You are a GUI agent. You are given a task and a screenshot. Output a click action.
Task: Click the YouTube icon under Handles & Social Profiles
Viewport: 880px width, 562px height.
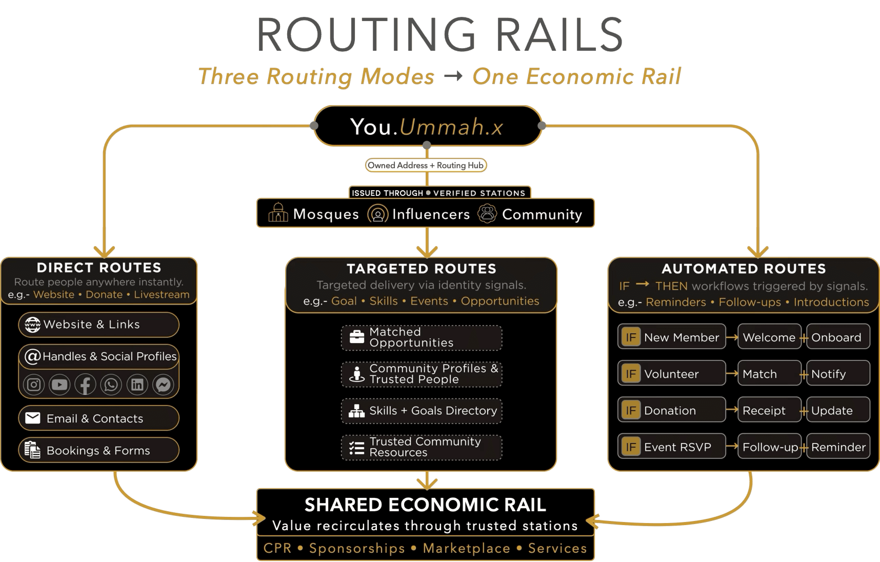click(59, 384)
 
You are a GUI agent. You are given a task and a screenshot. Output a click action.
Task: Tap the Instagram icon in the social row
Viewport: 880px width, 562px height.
click(34, 384)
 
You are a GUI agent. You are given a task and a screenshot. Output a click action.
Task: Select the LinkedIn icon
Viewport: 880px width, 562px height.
click(137, 384)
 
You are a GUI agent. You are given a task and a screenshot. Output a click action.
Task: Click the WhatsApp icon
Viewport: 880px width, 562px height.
click(111, 384)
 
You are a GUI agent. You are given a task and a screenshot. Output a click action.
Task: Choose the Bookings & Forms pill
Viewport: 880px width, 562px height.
click(99, 450)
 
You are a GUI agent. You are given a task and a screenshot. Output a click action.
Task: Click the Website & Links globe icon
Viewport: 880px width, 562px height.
click(33, 325)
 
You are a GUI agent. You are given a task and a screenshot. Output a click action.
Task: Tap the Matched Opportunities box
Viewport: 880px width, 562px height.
click(421, 338)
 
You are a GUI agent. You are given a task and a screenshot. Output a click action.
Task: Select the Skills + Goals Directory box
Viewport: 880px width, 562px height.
click(421, 411)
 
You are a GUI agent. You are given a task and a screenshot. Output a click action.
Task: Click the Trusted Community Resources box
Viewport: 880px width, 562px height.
click(421, 447)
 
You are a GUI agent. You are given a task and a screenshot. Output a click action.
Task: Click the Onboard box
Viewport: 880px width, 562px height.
click(838, 337)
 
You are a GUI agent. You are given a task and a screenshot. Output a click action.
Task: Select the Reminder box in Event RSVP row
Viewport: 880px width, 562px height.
click(838, 447)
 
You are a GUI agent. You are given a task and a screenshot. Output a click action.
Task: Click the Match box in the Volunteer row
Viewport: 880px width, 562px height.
click(769, 374)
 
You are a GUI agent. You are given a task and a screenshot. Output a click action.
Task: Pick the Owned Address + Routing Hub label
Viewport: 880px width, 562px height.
click(426, 165)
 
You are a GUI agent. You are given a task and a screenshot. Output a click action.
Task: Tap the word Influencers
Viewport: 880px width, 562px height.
click(431, 214)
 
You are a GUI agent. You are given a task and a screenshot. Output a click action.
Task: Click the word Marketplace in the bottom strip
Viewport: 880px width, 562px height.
click(466, 548)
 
